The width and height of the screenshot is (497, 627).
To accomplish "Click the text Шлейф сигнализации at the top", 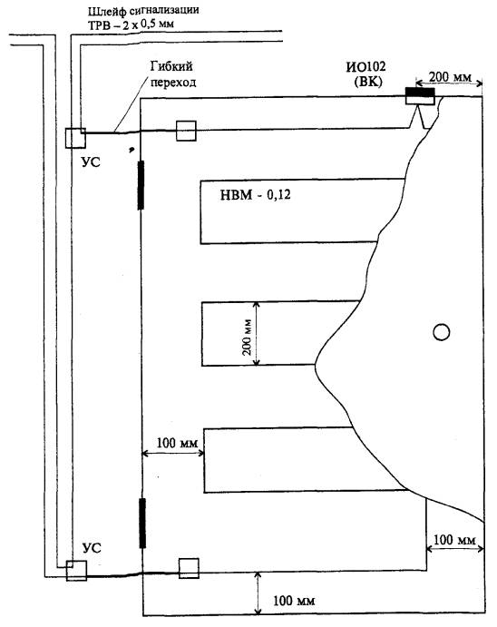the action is click(x=143, y=11).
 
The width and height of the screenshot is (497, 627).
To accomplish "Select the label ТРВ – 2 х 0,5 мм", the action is click(x=131, y=24).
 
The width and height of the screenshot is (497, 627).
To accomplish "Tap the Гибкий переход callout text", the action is click(x=173, y=73).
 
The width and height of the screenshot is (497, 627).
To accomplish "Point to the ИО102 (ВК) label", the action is click(x=366, y=73).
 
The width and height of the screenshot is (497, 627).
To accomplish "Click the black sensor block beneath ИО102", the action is click(x=420, y=93).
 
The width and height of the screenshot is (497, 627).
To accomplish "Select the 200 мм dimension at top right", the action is click(x=450, y=77).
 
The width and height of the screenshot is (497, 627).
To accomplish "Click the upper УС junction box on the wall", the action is click(x=75, y=138).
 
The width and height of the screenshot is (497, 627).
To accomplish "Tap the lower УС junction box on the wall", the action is click(x=77, y=571).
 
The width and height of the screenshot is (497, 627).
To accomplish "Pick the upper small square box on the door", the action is click(x=186, y=131).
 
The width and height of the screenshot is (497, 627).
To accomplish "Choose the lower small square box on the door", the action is click(x=189, y=568).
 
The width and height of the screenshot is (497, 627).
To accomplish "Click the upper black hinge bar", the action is click(x=141, y=185).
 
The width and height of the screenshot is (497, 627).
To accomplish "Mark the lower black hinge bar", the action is click(x=142, y=523).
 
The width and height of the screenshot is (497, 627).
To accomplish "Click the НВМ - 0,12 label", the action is click(x=255, y=195).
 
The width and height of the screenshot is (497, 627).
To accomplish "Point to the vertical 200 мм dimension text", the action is click(x=247, y=338).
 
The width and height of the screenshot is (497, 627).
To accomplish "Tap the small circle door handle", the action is click(x=441, y=332).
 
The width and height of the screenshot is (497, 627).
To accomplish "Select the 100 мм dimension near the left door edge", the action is click(x=177, y=443).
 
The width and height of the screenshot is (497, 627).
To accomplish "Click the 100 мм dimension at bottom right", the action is click(x=454, y=540).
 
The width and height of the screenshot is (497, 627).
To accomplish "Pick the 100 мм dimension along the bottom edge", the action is click(x=294, y=601).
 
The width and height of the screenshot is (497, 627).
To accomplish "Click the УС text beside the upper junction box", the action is click(x=91, y=162).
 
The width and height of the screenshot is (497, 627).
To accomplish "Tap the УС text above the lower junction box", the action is click(x=92, y=547).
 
